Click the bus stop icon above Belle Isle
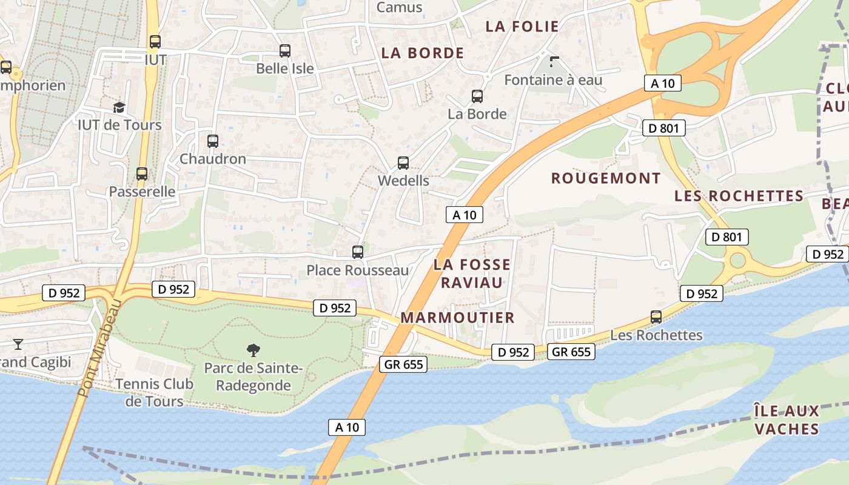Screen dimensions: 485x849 285,51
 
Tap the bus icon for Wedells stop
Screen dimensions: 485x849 403,163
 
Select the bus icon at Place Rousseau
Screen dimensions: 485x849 358,252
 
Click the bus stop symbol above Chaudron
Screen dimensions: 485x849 213,141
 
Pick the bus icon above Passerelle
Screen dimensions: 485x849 142,174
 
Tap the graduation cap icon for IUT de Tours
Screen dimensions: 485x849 119,107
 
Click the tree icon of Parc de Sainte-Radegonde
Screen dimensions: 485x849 253,350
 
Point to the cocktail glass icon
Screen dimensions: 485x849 18,344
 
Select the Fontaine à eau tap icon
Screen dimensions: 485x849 554,61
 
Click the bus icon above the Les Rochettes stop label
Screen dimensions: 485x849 656,317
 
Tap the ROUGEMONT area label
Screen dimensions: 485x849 605,178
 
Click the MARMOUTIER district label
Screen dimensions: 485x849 457,318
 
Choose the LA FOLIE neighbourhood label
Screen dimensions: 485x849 522,26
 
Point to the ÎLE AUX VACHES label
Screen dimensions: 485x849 786,420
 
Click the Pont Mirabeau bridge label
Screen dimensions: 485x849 100,348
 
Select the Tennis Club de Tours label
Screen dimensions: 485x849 154,392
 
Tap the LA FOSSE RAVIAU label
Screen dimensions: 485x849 472,273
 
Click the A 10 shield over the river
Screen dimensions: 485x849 347,427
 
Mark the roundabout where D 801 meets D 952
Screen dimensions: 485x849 737,261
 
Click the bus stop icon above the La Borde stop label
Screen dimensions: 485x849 477,96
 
